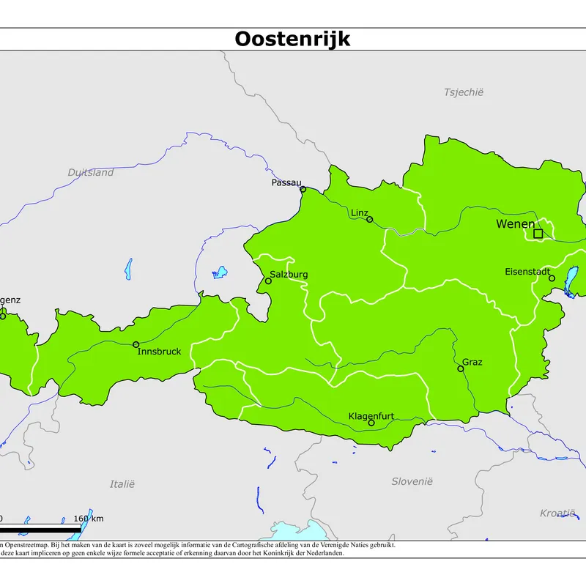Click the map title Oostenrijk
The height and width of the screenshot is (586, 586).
292,39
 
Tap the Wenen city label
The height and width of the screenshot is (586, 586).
515,223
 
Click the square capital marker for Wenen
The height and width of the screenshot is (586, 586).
538,234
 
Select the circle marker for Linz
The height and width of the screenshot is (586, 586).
370,219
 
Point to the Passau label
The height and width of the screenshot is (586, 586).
286,182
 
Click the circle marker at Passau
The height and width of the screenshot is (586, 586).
303,190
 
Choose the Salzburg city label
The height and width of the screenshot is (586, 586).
289,275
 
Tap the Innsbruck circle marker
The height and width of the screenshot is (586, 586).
136,344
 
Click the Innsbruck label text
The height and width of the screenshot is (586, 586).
159,352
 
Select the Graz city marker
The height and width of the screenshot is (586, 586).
461,368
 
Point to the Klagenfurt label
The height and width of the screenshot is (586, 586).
371,416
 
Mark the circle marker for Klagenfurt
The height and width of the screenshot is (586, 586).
371,423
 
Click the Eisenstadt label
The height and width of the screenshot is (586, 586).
527,272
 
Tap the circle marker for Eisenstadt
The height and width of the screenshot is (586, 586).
552,278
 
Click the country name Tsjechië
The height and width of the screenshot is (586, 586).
464,92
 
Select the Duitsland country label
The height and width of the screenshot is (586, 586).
91,173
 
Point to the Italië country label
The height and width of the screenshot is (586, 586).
122,484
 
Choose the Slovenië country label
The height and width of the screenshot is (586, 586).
412,481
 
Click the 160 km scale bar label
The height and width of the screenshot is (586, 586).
89,519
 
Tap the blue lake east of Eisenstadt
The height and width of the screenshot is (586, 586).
571,281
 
